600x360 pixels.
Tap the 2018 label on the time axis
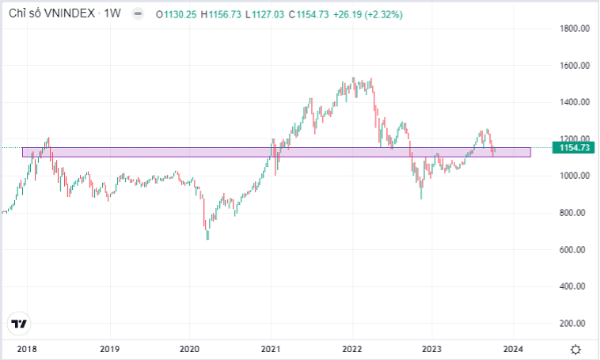(x=27, y=349)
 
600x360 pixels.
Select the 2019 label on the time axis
(x=109, y=349)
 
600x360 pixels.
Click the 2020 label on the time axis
(x=189, y=349)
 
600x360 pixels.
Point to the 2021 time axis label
(x=272, y=349)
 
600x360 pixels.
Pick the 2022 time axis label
(x=352, y=349)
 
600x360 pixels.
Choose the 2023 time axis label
(x=432, y=349)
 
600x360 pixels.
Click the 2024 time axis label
(x=512, y=349)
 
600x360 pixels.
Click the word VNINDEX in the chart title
(x=69, y=13)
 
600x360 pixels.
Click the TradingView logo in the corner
(x=20, y=324)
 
